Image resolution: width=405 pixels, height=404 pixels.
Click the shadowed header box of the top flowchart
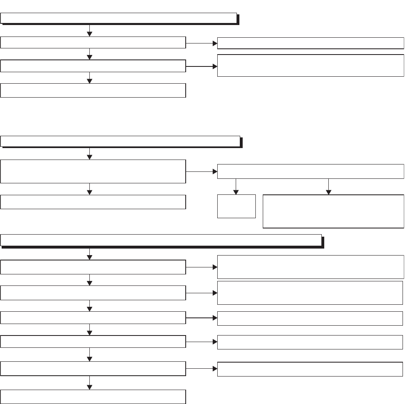coord(119,18)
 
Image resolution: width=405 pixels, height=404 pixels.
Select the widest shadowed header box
coord(161,240)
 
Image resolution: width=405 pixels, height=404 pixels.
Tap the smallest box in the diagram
coord(237,206)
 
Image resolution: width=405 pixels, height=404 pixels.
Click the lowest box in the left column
coord(93,396)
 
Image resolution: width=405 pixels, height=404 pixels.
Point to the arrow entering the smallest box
coord(236,187)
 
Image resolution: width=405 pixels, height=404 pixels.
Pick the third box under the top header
coord(93,90)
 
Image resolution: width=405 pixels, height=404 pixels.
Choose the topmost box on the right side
coord(310,43)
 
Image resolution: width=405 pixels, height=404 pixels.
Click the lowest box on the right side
coord(310,369)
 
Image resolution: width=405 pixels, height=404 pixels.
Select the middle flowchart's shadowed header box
coord(120,141)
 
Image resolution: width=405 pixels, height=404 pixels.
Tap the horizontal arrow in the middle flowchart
coord(201,171)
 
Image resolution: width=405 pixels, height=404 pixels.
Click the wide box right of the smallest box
coord(333,211)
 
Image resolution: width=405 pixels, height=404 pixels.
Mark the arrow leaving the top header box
coord(89,30)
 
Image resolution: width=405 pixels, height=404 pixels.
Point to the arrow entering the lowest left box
coord(89,383)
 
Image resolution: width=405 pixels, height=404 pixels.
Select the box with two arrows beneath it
coord(310,171)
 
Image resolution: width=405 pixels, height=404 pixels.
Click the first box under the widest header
coord(93,267)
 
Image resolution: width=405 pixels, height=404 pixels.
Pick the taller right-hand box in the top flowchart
coord(310,65)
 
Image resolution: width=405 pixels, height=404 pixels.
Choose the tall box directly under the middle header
coord(93,171)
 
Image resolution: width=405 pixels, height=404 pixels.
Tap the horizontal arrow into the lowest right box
coord(201,369)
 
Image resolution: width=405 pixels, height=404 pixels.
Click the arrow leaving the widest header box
coord(89,254)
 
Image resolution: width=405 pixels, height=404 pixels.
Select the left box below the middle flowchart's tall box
coord(93,202)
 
